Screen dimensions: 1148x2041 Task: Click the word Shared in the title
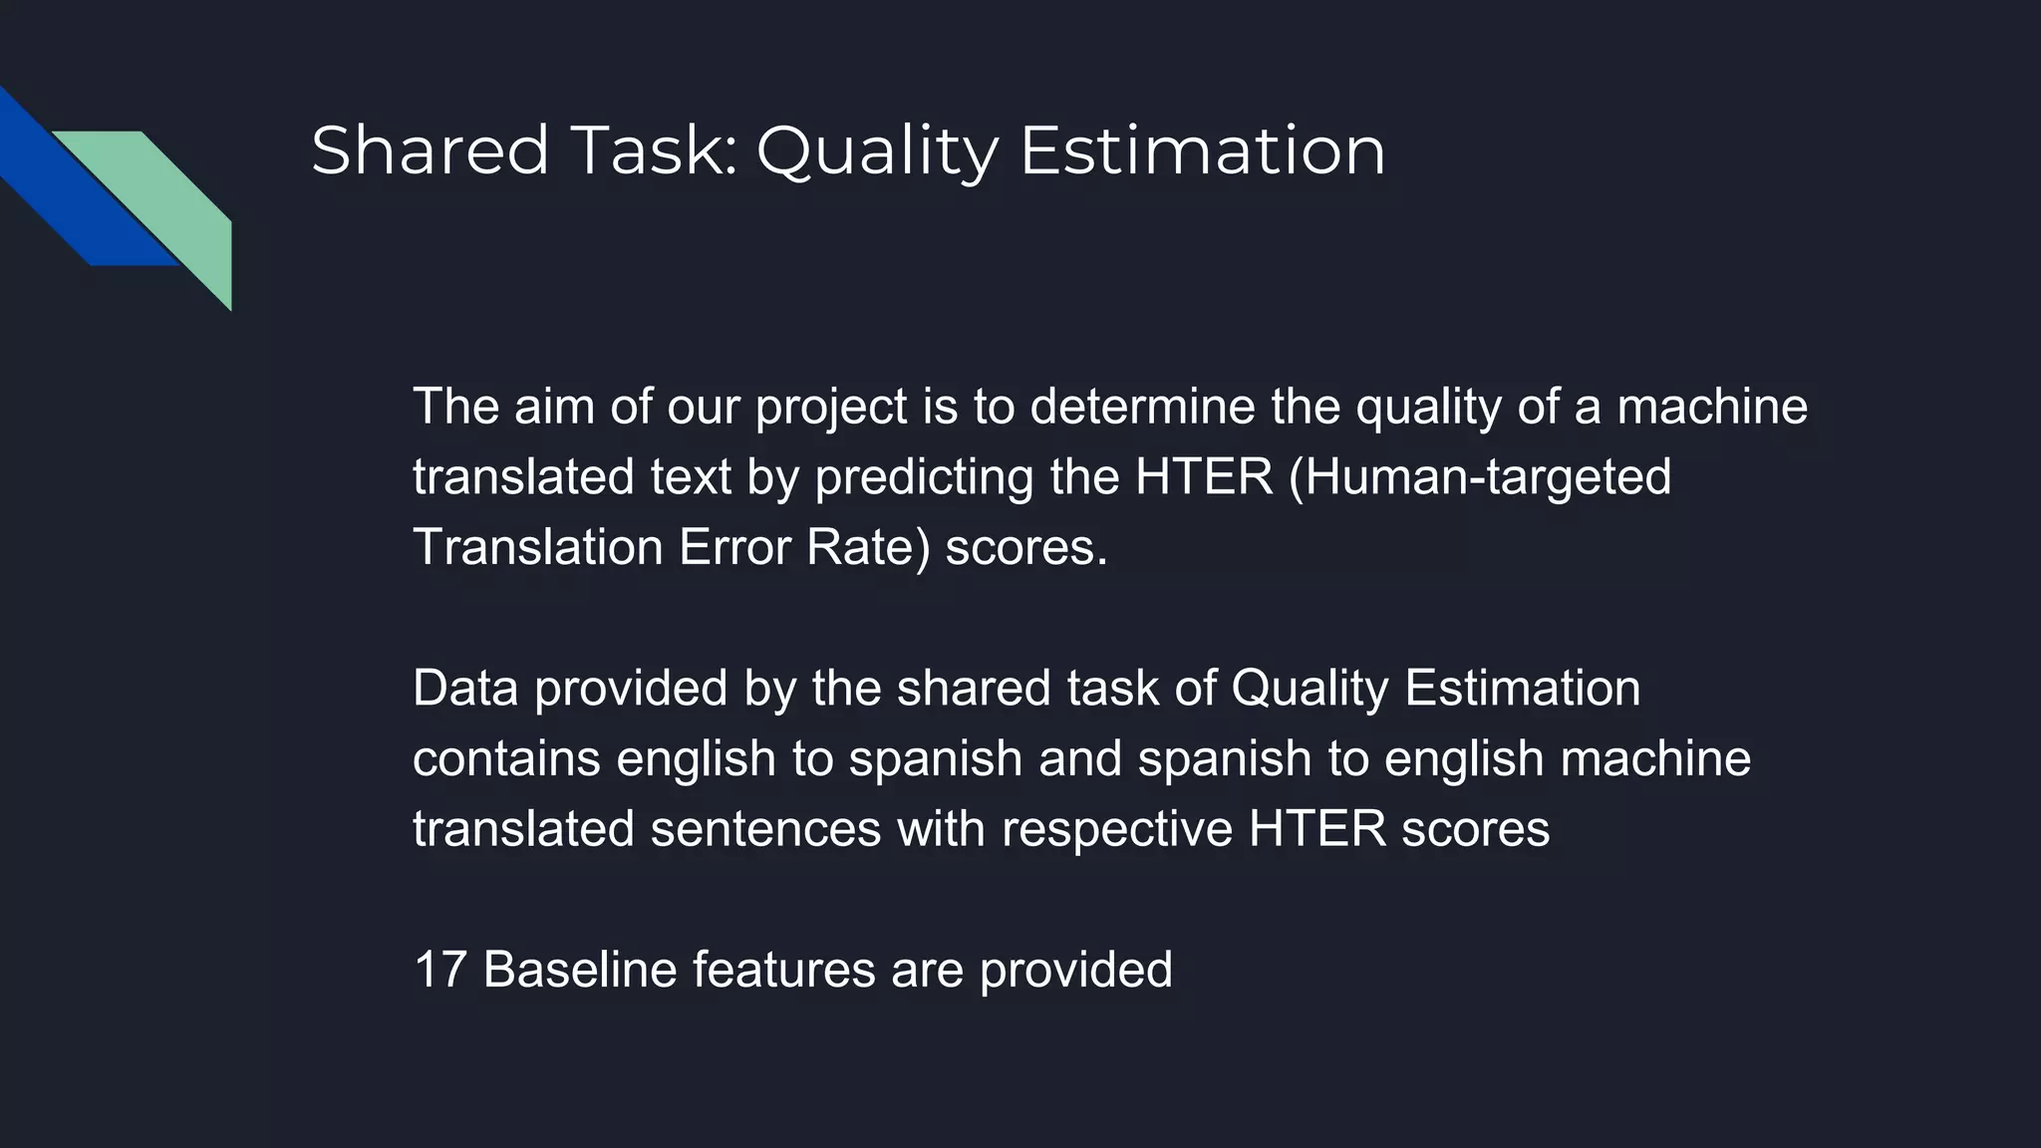point(430,151)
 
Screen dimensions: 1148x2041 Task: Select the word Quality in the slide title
point(877,151)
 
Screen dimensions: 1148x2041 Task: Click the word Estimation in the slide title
point(1202,151)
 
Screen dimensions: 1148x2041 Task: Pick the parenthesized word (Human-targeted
point(1479,477)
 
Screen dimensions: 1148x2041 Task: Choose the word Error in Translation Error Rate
point(735,548)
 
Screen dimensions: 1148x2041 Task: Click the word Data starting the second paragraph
point(465,689)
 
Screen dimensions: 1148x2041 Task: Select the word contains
point(507,759)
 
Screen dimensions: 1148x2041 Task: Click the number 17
point(439,970)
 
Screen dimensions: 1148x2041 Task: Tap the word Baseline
point(579,970)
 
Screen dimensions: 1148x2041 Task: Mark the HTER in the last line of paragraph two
point(1315,830)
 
